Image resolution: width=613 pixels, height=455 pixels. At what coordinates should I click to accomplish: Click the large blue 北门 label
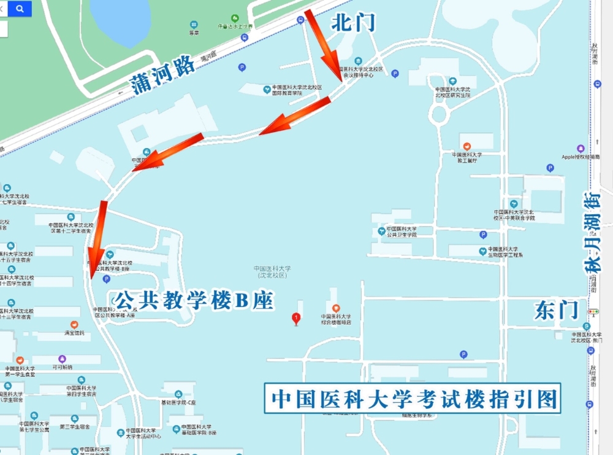pos(352,23)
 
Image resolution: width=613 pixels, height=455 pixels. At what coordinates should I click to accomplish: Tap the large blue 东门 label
pos(556,310)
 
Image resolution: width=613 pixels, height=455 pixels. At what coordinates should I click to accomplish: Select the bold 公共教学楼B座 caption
pos(194,300)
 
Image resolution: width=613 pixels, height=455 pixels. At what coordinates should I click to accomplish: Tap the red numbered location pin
pos(297,318)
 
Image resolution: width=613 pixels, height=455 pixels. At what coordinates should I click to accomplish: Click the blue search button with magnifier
pos(20,9)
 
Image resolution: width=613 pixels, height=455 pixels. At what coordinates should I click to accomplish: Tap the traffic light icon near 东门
pos(593,311)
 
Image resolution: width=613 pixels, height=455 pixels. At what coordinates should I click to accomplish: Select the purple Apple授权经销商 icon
pos(581,149)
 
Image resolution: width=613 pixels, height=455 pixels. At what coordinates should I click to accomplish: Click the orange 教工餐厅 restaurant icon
pos(467,146)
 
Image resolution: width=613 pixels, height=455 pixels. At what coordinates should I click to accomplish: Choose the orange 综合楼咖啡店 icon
pos(335,308)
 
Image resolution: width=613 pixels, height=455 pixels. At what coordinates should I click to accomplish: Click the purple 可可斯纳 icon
pos(62,359)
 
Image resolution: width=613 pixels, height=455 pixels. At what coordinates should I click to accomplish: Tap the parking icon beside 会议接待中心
pos(395,74)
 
